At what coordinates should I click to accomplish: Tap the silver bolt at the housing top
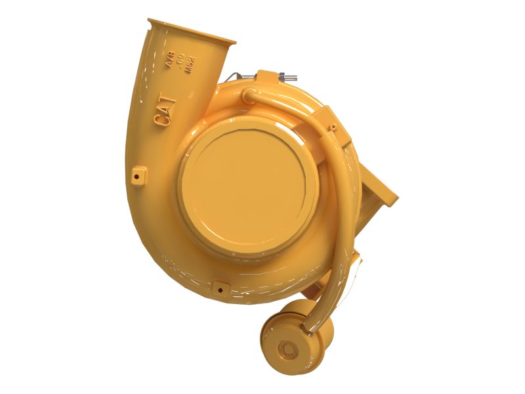coord(286,77)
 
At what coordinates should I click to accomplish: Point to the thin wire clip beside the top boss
coord(244,76)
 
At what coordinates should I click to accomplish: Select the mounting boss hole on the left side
coord(137,175)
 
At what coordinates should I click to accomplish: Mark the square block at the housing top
coord(269,79)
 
